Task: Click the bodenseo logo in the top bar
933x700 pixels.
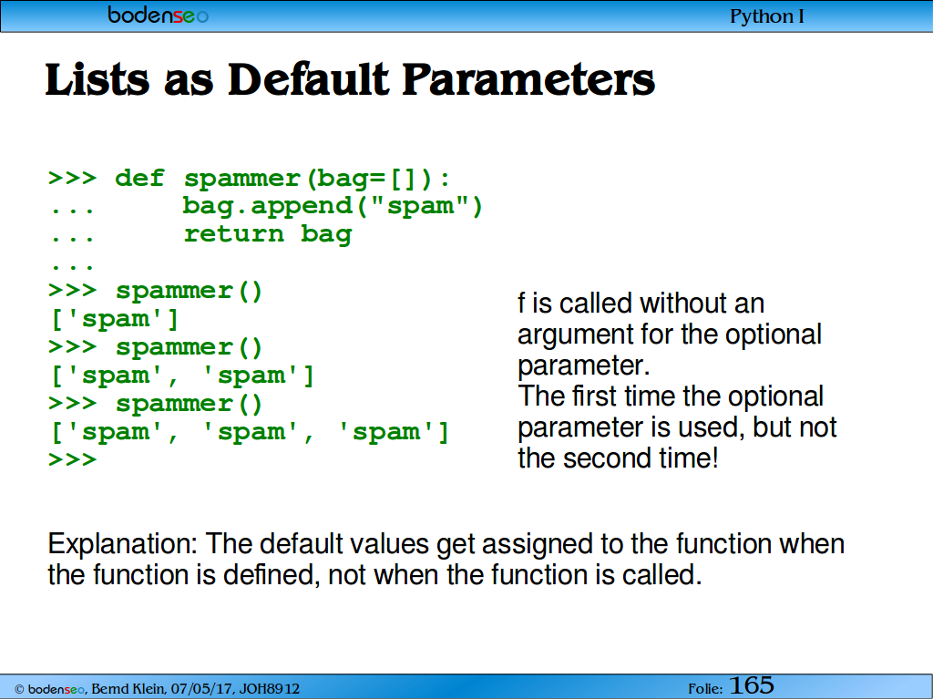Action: (158, 15)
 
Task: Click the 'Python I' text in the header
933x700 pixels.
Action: (767, 16)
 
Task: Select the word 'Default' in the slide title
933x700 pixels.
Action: (309, 79)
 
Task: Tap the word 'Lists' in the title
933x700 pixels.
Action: (97, 79)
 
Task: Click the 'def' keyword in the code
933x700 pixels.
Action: (139, 178)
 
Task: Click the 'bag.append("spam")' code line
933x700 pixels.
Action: (333, 206)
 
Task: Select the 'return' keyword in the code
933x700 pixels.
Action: (234, 233)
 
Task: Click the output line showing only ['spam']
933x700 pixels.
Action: (115, 318)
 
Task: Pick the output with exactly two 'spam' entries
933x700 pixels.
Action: (182, 375)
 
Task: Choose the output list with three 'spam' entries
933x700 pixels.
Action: (250, 431)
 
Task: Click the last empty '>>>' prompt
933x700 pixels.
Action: (72, 459)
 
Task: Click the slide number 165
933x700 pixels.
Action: (752, 685)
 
